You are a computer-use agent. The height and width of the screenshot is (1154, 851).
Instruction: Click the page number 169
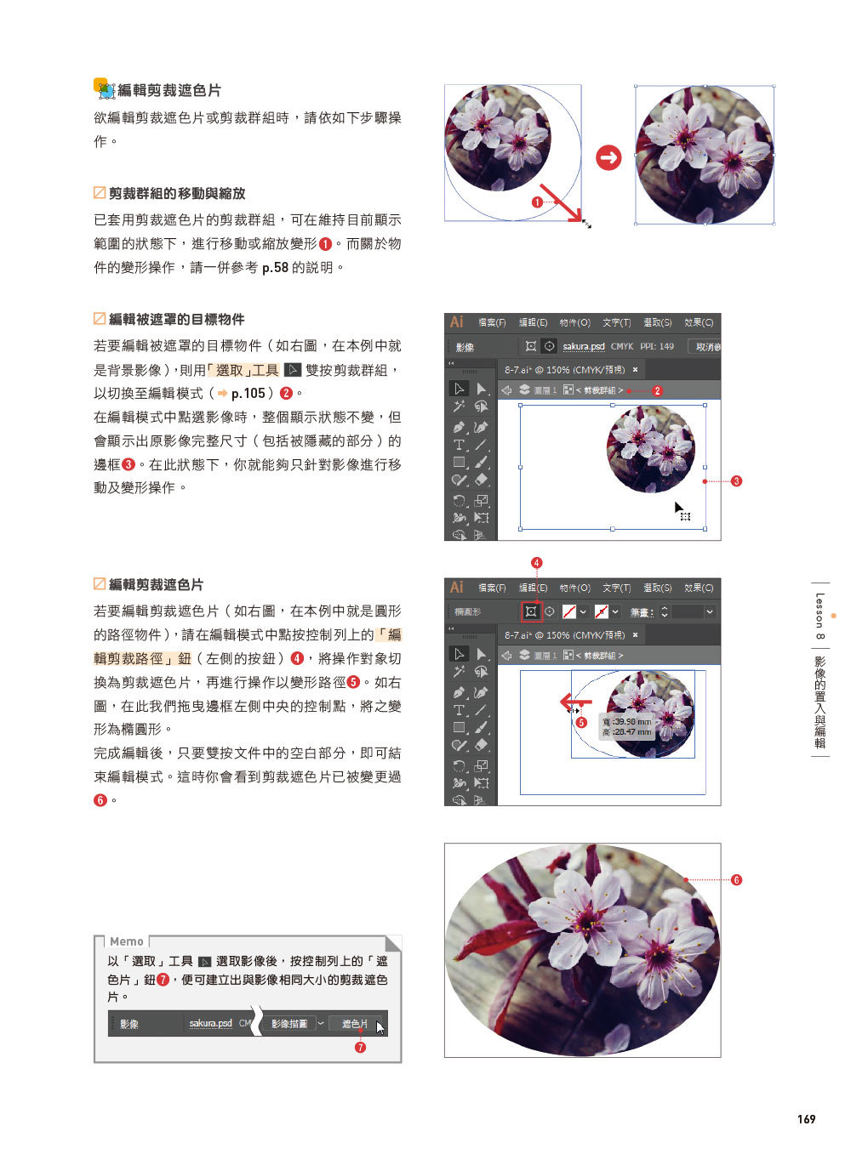(x=806, y=1118)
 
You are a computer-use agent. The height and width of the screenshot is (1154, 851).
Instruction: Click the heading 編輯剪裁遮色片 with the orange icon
(x=168, y=90)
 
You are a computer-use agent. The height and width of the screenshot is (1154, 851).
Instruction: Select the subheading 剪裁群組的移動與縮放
(x=176, y=193)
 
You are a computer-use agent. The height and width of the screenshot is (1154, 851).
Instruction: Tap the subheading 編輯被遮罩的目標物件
(x=176, y=319)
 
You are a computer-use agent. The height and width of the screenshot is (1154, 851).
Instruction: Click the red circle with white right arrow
(x=608, y=157)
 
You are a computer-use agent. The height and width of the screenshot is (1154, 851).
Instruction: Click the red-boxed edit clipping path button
(x=531, y=611)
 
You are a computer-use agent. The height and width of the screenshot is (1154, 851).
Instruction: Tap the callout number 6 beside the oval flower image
(x=736, y=880)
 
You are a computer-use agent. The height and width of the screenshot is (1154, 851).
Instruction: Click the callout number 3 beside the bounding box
(x=736, y=481)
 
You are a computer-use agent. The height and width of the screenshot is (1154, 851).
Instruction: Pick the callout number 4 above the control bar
(x=536, y=563)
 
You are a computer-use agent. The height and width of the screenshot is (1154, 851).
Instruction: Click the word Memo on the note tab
(x=126, y=941)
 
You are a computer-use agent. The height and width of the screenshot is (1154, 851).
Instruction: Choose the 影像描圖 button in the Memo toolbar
(x=288, y=1023)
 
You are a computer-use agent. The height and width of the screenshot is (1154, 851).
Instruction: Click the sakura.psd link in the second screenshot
(x=583, y=346)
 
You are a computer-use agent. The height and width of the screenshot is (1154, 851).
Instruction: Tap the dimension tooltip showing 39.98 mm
(x=627, y=726)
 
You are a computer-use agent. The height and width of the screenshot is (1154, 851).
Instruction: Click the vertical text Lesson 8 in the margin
(x=820, y=616)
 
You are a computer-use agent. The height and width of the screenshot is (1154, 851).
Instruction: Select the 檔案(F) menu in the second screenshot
(x=492, y=322)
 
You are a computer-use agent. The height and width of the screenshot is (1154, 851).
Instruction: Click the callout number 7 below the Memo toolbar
(x=360, y=1048)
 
